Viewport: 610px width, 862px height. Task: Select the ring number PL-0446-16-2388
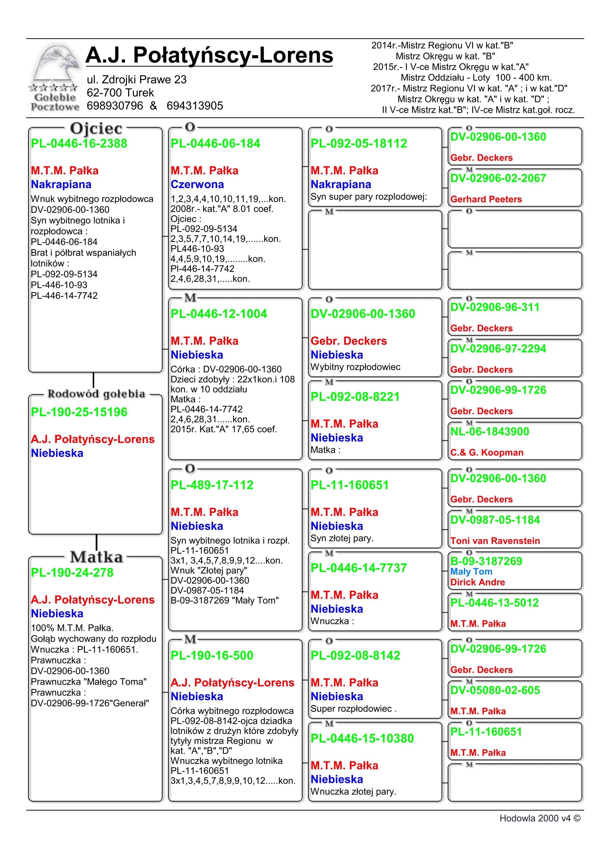coord(79,143)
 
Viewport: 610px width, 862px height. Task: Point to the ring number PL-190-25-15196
coord(79,412)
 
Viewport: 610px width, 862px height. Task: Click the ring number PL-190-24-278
coord(72,573)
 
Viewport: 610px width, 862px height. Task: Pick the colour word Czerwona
coord(197,184)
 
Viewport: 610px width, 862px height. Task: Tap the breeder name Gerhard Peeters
coord(486,199)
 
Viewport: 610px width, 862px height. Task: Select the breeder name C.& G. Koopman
coord(487,453)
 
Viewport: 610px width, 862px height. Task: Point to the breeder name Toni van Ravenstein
coord(495,541)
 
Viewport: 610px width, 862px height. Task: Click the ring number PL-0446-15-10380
coord(362,738)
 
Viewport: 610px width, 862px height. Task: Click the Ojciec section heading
coord(96,129)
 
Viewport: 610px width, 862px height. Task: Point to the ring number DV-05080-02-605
coord(495,690)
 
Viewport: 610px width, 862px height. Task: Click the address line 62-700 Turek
coord(120,93)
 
